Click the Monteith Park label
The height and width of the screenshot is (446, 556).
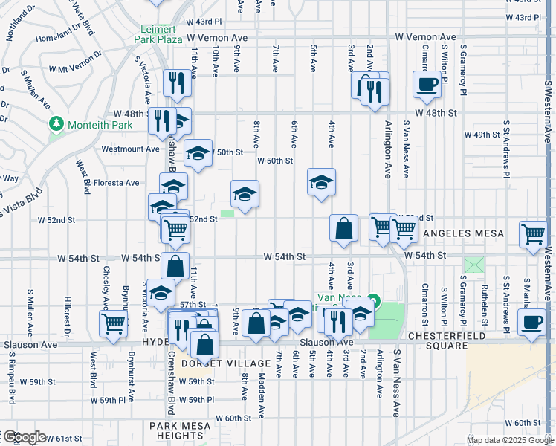tap(100, 124)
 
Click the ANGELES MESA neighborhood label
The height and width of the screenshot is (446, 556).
tap(463, 233)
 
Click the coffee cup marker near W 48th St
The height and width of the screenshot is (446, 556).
tap(427, 85)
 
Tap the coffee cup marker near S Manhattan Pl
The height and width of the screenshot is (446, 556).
tap(531, 323)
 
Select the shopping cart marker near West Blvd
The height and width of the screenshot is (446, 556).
tap(114, 323)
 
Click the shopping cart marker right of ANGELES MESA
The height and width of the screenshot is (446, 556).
tap(534, 233)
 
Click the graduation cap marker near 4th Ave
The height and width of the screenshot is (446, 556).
tap(321, 182)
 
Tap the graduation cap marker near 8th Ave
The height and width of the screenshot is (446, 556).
tap(245, 194)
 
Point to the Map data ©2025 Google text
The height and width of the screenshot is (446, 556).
tap(510, 440)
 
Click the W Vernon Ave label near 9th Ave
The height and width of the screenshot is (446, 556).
tap(216, 37)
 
